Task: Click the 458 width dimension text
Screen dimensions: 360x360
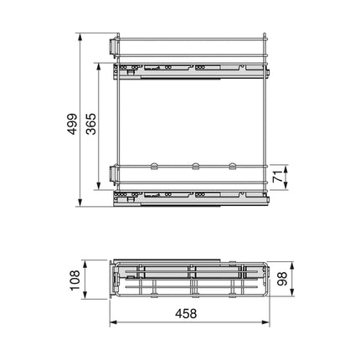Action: tap(192, 313)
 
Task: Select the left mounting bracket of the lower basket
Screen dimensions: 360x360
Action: tap(112, 174)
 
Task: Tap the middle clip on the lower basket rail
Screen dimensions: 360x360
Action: tap(193, 166)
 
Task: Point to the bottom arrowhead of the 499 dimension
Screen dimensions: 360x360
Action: tap(80, 203)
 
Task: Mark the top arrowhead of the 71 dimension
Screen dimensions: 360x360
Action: tap(287, 166)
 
